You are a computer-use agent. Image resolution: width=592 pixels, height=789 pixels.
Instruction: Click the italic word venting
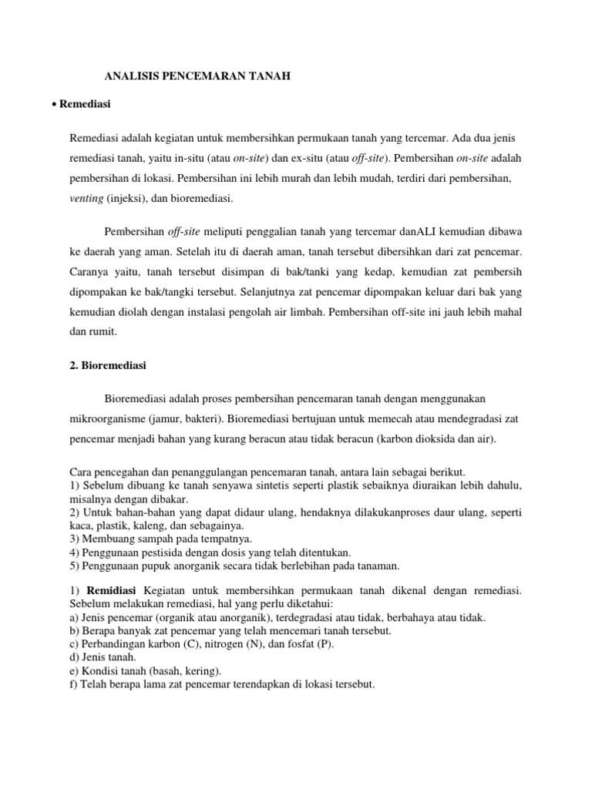click(86, 198)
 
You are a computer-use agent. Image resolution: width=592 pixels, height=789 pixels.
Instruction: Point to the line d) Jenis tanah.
click(103, 656)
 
